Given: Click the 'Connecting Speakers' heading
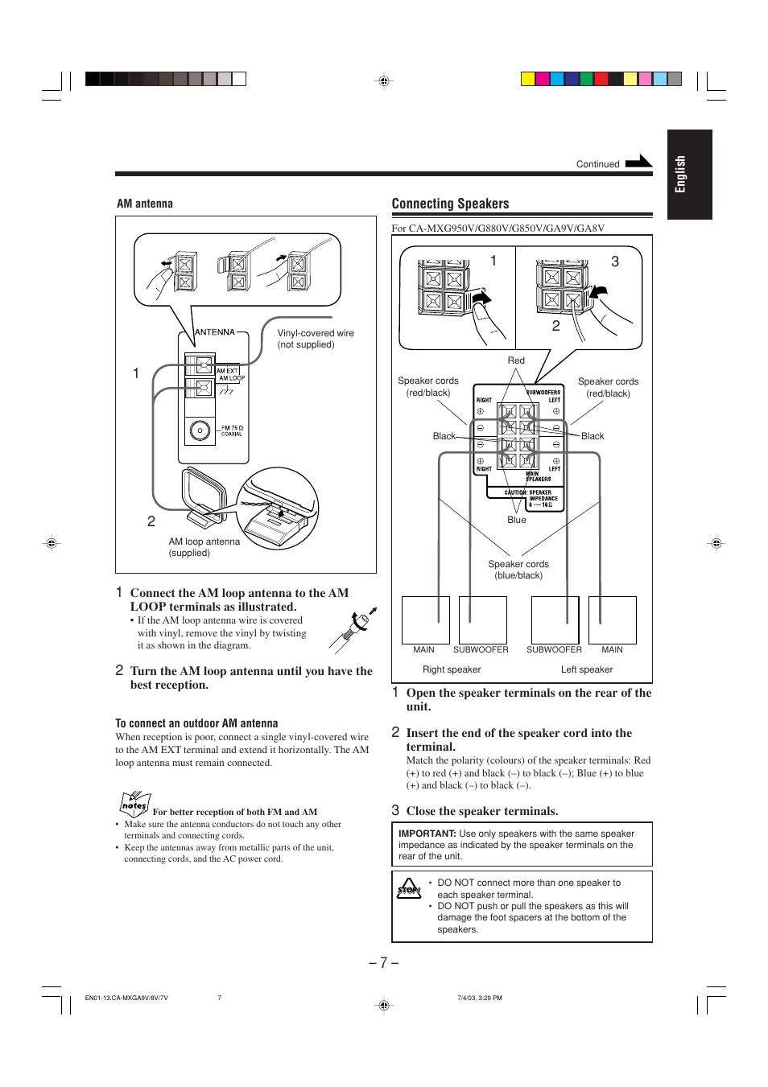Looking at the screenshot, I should point(450,204).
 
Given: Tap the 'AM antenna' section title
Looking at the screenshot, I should point(145,204).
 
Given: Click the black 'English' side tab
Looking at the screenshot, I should point(689,175).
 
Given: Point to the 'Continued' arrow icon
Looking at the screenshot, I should point(638,162).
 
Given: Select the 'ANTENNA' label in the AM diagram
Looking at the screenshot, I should point(215,331).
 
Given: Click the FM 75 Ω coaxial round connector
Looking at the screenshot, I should point(200,430).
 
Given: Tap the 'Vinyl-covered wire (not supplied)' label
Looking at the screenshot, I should point(315,339).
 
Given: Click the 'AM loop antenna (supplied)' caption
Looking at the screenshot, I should point(204,547).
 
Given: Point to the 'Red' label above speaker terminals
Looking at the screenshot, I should point(516,360).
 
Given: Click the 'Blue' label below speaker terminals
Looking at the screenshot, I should point(517,520).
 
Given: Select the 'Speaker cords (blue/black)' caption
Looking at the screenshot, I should point(518,570).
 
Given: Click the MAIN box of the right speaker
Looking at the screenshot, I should point(425,620).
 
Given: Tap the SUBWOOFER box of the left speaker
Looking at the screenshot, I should point(555,620).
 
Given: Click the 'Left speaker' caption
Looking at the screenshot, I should point(587,669).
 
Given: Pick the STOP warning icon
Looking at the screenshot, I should point(409,889).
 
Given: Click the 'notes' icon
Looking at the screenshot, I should point(134,804).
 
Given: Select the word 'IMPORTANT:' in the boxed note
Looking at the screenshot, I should point(427,834).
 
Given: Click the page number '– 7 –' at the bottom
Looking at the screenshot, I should point(384,962).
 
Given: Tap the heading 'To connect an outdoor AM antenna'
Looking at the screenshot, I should point(196,723).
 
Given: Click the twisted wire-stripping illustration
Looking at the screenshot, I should point(353,629).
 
